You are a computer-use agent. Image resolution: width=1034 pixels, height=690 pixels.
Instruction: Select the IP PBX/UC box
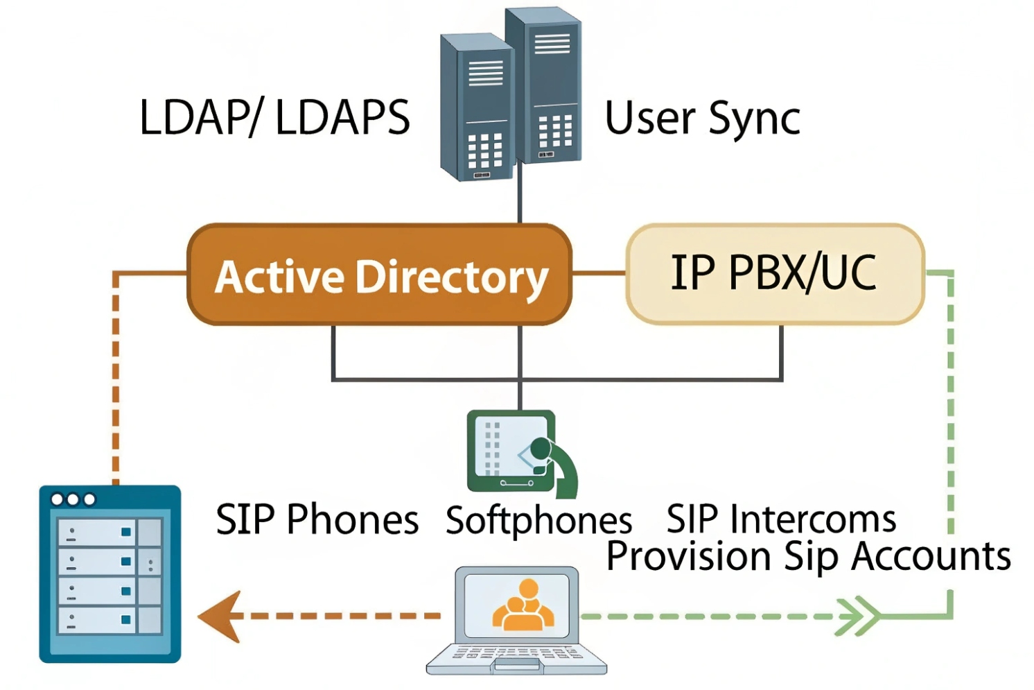(774, 273)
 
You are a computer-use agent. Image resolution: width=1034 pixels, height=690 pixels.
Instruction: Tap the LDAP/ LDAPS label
(274, 117)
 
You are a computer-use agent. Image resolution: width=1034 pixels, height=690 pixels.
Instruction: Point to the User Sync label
(702, 119)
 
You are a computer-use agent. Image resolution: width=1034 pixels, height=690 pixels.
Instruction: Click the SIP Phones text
(317, 519)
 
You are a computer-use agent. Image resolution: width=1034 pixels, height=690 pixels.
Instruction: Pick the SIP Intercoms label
(781, 519)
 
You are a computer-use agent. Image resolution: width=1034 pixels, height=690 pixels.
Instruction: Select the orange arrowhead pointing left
(220, 616)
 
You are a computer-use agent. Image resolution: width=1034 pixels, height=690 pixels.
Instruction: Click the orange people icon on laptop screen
(523, 605)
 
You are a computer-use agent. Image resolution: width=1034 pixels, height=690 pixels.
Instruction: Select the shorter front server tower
(477, 107)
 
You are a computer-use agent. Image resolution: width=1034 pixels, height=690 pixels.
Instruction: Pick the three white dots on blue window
(73, 499)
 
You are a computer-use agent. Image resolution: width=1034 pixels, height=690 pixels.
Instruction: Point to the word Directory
(452, 277)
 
